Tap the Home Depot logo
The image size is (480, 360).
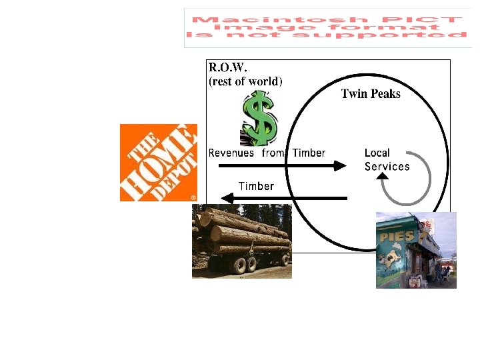[x=159, y=163]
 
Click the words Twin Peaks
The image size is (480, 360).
[x=371, y=94]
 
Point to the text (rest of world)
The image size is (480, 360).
[x=246, y=81]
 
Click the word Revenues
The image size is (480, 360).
[x=231, y=153]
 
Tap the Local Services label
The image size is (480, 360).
[x=387, y=160]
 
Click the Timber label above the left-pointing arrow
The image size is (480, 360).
[x=256, y=186]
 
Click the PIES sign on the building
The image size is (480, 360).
[x=397, y=236]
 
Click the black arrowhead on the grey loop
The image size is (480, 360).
[x=383, y=177]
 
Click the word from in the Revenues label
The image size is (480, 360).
[x=273, y=153]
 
